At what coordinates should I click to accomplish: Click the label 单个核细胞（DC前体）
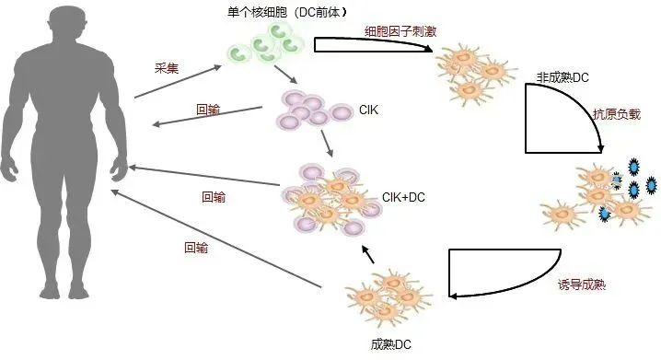pos(287,12)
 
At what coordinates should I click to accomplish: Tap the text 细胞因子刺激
pos(400,31)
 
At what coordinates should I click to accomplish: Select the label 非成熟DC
pos(562,77)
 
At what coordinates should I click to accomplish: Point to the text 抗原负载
pos(616,114)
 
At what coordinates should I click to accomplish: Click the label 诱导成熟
pos(582,285)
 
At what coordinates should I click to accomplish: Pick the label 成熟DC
pos(390,344)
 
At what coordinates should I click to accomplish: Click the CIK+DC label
pos(403,197)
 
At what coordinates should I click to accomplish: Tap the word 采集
pos(167,68)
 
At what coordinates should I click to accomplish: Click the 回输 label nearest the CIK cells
pos(208,110)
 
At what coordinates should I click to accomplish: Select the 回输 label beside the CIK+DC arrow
pos(214,197)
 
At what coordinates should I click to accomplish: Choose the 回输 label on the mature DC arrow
pos(196,248)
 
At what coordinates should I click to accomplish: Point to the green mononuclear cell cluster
pos(266,43)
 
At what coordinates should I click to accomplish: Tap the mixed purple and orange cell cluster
pos(331,200)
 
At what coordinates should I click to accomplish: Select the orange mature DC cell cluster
pos(388,297)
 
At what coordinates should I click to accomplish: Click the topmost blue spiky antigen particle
pos(633,167)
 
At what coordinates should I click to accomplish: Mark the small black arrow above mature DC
pos(367,255)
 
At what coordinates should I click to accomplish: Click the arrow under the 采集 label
pos(178,81)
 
